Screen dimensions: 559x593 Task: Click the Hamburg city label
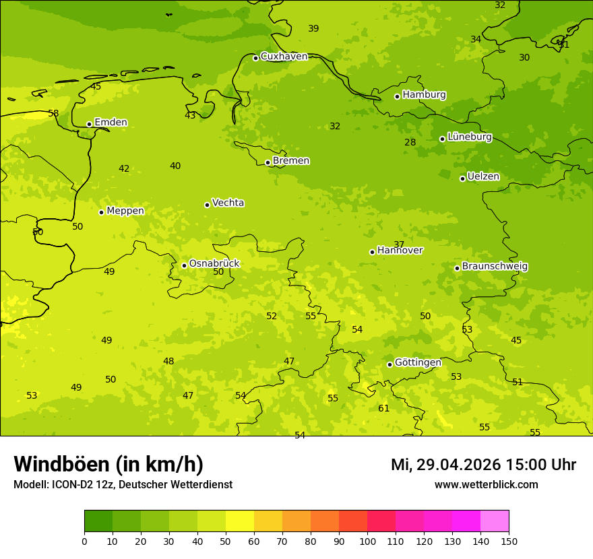424,95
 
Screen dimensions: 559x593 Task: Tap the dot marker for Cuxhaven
255,58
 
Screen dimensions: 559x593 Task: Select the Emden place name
111,123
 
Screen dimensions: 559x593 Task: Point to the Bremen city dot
268,162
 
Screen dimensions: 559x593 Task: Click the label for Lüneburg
469,137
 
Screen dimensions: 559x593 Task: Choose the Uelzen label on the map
483,176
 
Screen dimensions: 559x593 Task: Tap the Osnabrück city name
214,263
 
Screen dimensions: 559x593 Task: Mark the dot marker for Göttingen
389,364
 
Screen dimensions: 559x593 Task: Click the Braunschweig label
495,266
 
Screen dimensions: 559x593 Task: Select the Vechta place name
228,203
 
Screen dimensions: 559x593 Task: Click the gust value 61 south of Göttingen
383,408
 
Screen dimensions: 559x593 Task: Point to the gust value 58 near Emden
53,113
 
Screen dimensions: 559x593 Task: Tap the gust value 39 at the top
313,28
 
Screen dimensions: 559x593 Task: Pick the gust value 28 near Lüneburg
410,142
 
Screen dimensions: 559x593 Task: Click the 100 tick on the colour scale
367,541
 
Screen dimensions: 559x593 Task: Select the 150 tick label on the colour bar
509,541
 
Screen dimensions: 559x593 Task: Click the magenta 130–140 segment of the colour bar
466,521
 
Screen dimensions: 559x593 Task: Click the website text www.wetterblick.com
486,484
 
